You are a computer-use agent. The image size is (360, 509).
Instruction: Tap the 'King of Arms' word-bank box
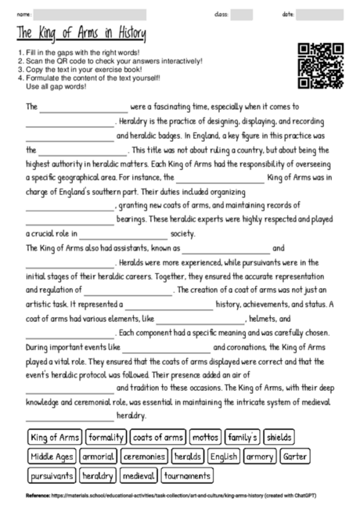[53, 437]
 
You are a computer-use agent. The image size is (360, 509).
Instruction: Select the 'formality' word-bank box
[105, 437]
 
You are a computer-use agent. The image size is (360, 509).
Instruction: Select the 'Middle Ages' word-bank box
[52, 456]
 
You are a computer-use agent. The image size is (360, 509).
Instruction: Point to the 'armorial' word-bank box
[98, 456]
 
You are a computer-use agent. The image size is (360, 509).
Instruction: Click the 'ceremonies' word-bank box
[144, 456]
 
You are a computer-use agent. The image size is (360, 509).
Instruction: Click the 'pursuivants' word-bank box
[52, 475]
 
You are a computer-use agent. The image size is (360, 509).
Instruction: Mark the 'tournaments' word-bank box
[188, 475]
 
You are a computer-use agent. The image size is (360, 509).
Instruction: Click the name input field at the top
[90, 13]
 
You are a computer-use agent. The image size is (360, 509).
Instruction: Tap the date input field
[320, 13]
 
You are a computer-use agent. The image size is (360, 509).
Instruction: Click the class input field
[242, 13]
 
